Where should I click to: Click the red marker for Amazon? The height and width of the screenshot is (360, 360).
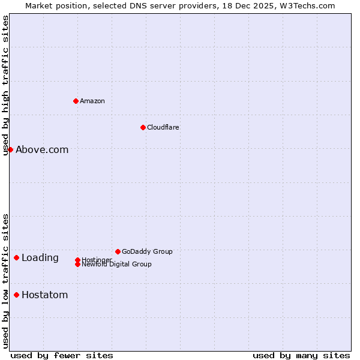76,101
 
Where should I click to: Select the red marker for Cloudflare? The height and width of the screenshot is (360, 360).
143,127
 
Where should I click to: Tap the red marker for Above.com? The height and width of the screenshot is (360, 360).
10,149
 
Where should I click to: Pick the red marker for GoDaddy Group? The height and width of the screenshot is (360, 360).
118,251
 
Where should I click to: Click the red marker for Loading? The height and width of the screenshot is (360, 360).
16,257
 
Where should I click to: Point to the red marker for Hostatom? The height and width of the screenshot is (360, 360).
16,295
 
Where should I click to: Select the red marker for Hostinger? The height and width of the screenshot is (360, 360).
77,260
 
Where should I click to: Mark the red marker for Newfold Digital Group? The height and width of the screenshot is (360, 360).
77,264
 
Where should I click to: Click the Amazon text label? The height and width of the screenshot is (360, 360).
92,101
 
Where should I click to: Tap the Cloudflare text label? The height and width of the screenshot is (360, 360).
163,127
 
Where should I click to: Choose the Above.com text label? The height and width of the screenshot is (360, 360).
42,150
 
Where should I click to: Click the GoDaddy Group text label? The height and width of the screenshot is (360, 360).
147,251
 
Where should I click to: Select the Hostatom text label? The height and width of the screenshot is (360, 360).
45,295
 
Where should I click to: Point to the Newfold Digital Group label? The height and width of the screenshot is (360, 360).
116,265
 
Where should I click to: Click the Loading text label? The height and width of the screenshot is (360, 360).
40,258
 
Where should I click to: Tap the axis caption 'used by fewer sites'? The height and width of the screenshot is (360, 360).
62,355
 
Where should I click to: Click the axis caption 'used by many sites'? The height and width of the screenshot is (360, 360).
301,355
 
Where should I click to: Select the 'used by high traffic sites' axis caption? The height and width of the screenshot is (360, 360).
5,85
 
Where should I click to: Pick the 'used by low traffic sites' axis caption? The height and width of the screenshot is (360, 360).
5,280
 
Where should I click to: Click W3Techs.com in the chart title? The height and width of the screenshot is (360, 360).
305,5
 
